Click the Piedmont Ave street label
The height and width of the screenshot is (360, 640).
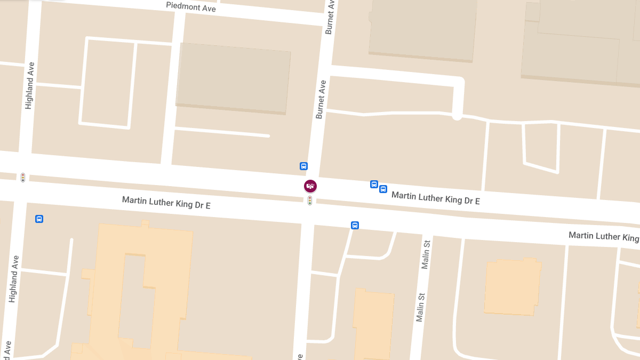pyautogui.click(x=191, y=7)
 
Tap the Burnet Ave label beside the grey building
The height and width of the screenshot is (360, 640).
pyautogui.click(x=321, y=100)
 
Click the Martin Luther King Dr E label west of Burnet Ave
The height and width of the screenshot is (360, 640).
pyautogui.click(x=166, y=202)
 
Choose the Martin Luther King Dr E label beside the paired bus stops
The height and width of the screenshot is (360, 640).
pyautogui.click(x=436, y=198)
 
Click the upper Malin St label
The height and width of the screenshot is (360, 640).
pyautogui.click(x=426, y=254)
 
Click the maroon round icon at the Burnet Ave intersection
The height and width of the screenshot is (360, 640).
pyautogui.click(x=310, y=186)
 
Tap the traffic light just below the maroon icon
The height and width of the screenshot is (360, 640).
pyautogui.click(x=310, y=201)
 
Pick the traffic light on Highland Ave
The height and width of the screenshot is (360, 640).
pyautogui.click(x=23, y=177)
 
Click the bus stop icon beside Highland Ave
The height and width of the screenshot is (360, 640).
pyautogui.click(x=39, y=219)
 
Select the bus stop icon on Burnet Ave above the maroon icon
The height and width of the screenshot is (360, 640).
pyautogui.click(x=303, y=166)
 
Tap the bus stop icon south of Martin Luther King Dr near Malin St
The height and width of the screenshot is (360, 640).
pyautogui.click(x=355, y=226)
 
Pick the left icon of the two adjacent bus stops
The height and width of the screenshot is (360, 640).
pyautogui.click(x=374, y=185)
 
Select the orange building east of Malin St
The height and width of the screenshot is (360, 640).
pyautogui.click(x=512, y=287)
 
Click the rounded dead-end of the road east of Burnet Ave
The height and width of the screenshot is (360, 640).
pyautogui.click(x=457, y=114)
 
